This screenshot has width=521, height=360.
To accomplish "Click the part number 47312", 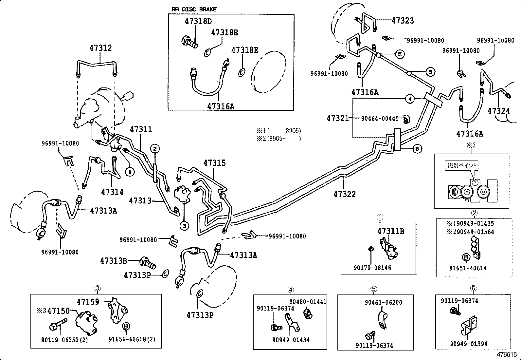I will click(101, 48).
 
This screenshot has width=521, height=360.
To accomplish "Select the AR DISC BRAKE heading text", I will click(194, 9).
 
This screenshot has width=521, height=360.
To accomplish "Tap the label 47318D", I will click(198, 21).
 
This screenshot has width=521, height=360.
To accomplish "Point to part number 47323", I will click(403, 21).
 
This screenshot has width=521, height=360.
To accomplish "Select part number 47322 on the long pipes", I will click(344, 194).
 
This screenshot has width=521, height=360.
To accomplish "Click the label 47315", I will click(214, 163).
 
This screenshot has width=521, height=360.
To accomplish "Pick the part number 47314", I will click(112, 192).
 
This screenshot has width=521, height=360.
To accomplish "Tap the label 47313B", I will click(113, 261).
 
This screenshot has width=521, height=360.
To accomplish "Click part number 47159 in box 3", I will click(88, 301).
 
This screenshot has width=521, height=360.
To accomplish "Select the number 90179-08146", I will click(372, 268).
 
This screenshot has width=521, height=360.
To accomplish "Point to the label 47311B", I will click(390, 231).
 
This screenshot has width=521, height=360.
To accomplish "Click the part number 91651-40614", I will click(468, 268).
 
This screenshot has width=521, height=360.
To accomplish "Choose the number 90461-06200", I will click(384, 302).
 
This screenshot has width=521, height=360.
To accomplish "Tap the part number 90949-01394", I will click(468, 344).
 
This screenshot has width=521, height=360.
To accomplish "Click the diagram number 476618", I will click(507, 354).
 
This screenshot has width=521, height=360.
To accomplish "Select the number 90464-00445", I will click(380, 118).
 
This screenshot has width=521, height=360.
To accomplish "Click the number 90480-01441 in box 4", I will click(308, 301).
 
